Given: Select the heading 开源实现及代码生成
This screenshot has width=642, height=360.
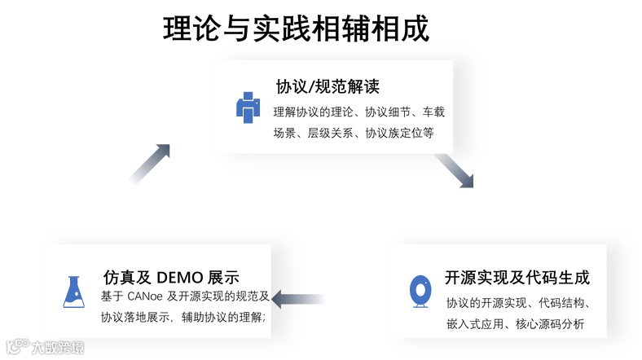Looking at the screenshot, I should point(517,277).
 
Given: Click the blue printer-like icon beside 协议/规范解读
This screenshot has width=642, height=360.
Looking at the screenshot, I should point(248,108).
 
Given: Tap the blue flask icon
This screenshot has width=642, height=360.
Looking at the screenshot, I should point(75,291).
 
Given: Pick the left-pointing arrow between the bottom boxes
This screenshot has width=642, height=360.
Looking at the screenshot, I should point(298,299).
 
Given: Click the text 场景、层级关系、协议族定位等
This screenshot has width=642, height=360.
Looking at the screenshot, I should point(354,133).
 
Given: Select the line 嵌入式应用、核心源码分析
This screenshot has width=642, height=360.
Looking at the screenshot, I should point(515,324).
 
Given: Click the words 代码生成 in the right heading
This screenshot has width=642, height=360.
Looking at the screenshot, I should point(561,277).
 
